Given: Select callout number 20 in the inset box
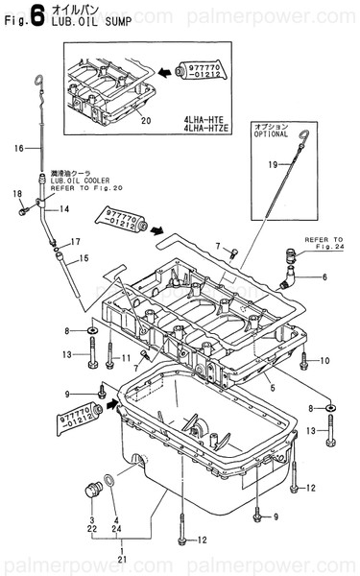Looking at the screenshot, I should (x=145, y=120).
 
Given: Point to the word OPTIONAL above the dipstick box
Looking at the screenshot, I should (x=273, y=133).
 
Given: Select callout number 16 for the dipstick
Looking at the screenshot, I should (x=18, y=149).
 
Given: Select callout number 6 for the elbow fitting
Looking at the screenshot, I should (x=324, y=276).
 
